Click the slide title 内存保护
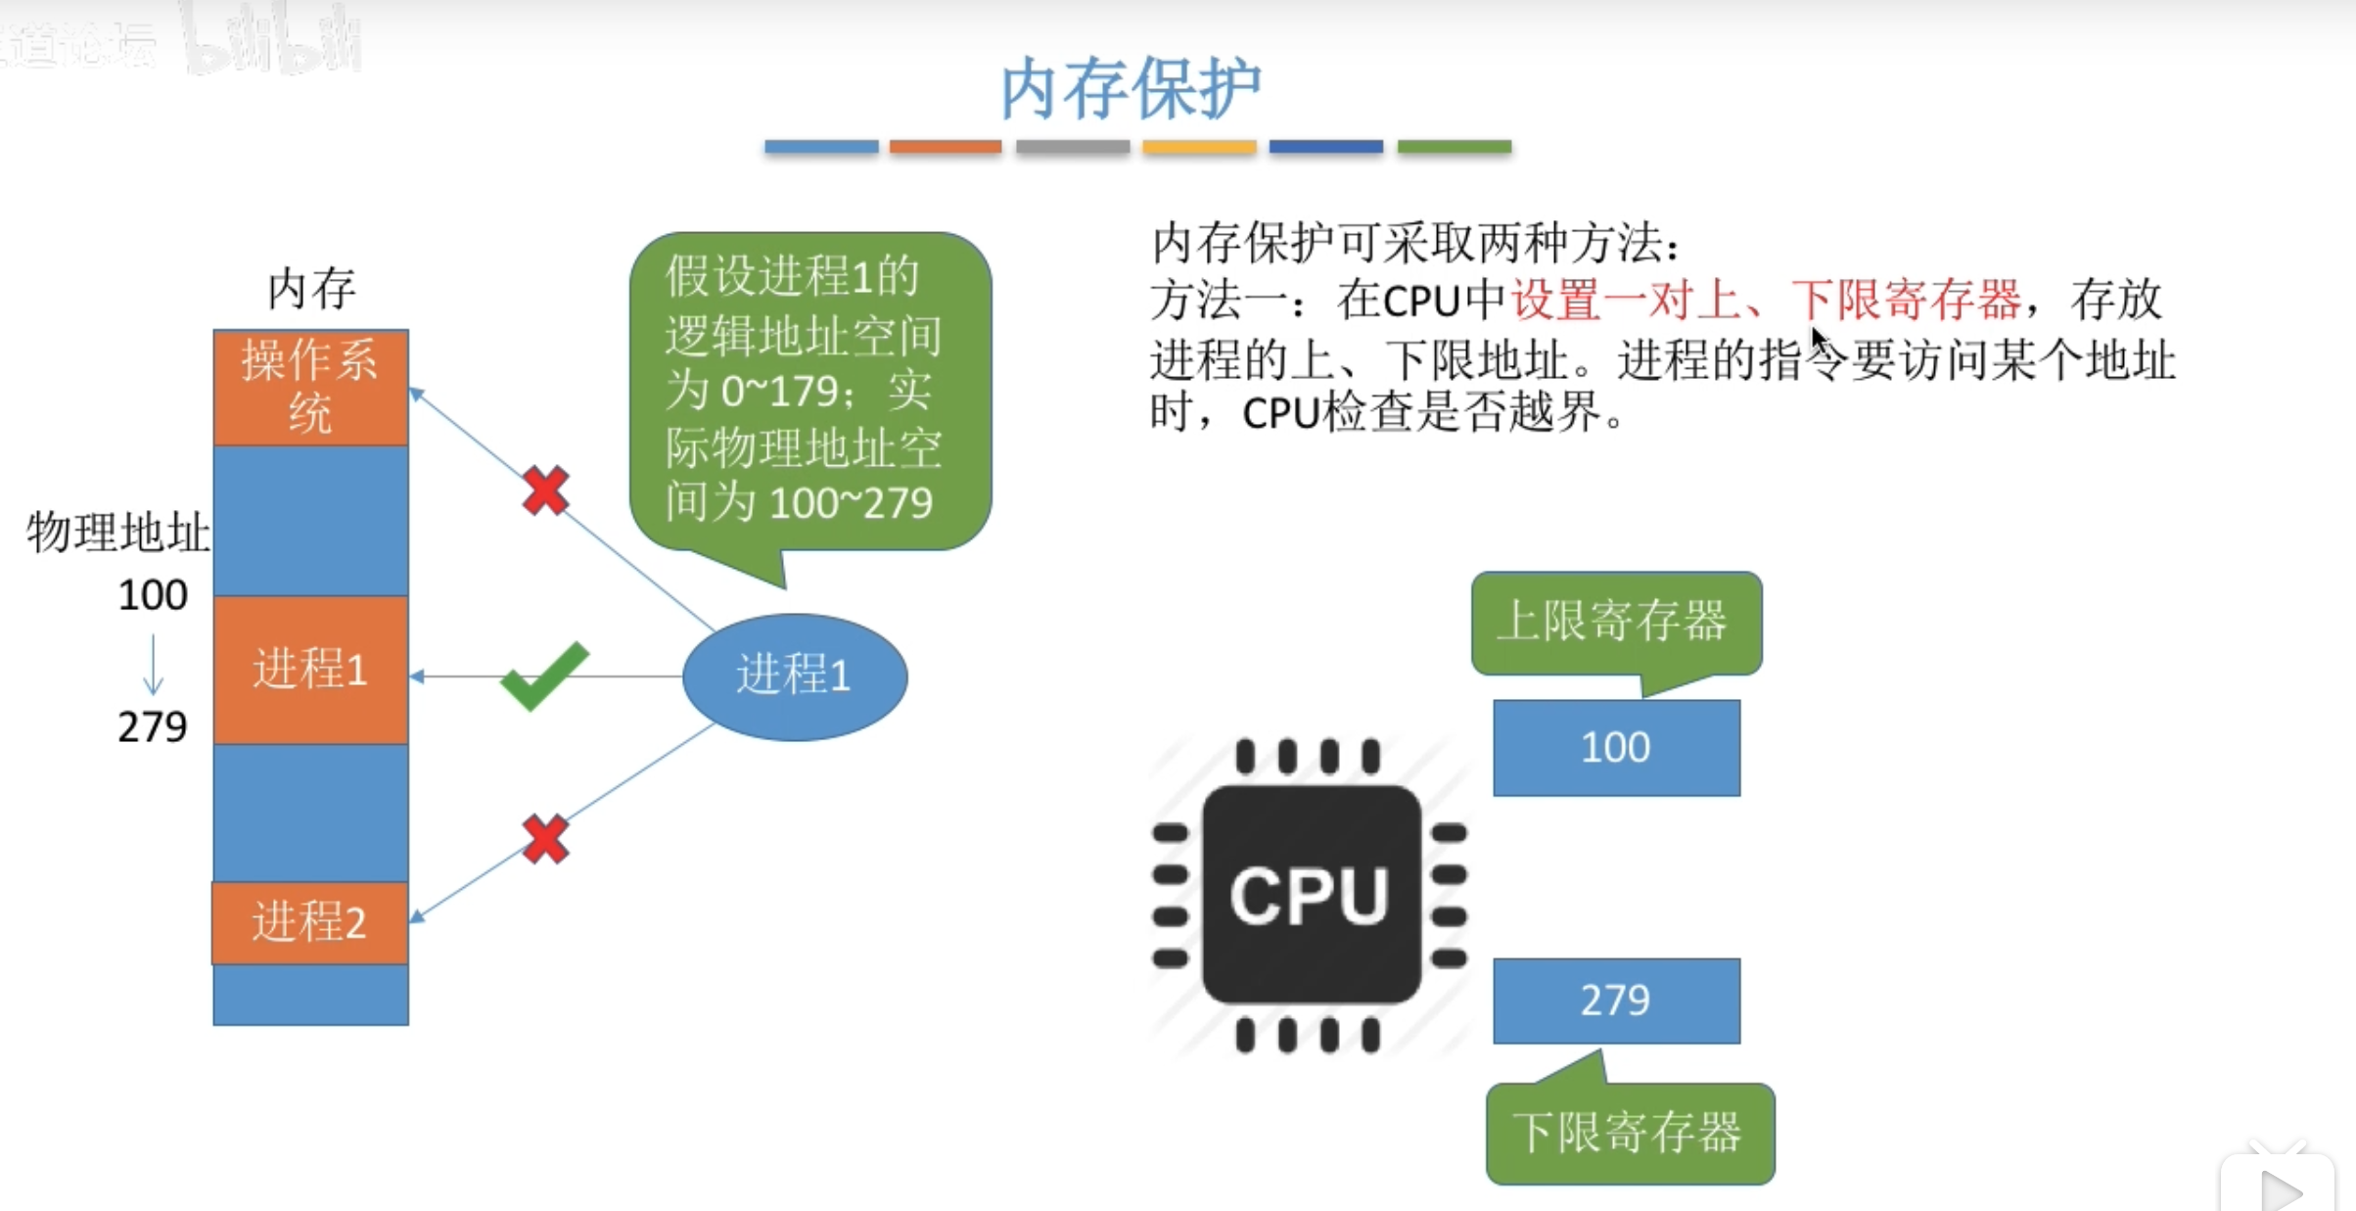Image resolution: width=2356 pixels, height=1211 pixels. (1131, 88)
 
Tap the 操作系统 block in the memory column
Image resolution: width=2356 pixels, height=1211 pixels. (310, 388)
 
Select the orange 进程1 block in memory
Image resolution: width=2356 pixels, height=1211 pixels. (310, 670)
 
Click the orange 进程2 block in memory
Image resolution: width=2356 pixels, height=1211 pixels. (310, 922)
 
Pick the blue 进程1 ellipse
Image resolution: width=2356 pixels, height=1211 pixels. (794, 675)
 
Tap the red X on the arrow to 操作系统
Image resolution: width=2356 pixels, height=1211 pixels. (545, 490)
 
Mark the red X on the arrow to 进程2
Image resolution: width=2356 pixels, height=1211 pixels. (545, 839)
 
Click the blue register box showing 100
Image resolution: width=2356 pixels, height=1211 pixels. (1616, 748)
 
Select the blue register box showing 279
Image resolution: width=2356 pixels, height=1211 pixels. (1616, 1001)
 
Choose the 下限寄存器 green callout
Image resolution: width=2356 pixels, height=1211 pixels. (1629, 1133)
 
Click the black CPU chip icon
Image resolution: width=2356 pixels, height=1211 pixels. (1311, 895)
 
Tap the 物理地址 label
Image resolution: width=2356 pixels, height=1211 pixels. (117, 533)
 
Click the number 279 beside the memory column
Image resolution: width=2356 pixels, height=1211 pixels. (153, 726)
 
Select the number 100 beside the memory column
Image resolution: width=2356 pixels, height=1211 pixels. (153, 595)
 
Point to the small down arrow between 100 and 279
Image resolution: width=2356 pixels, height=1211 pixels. (154, 664)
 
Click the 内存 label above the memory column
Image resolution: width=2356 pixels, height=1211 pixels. (311, 290)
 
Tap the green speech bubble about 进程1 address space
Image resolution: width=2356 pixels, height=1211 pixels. (809, 392)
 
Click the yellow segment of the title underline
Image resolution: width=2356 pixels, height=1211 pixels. (1199, 147)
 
